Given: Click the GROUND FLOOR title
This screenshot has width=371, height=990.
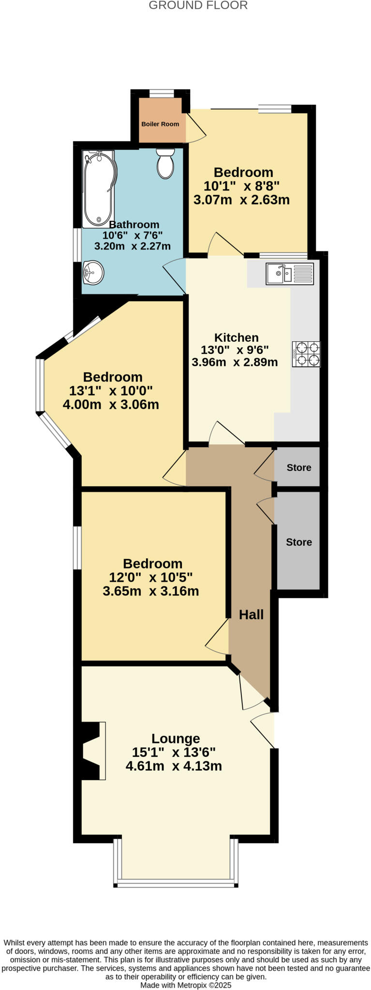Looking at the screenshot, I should pyautogui.click(x=198, y=6).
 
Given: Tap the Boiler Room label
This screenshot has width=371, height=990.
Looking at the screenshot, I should pyautogui.click(x=160, y=124).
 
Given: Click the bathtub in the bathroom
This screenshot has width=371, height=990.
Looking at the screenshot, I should pyautogui.click(x=100, y=189).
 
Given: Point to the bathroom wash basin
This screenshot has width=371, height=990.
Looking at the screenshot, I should pyautogui.click(x=93, y=273).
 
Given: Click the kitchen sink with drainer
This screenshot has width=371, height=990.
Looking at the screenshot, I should pyautogui.click(x=289, y=274).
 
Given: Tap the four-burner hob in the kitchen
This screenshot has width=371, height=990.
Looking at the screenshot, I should pyautogui.click(x=306, y=354).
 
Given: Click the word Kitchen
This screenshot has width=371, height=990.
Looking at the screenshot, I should pyautogui.click(x=237, y=337).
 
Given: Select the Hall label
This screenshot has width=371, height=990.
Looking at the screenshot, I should pyautogui.click(x=251, y=614).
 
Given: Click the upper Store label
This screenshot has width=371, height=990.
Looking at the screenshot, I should pyautogui.click(x=298, y=467).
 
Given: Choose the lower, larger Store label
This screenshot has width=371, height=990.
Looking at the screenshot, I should pyautogui.click(x=298, y=542).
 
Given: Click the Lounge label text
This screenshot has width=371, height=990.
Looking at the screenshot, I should pyautogui.click(x=176, y=738).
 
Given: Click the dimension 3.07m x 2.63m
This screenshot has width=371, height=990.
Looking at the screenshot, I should pyautogui.click(x=241, y=200).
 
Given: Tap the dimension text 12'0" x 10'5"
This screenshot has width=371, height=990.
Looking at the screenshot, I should pyautogui.click(x=151, y=577).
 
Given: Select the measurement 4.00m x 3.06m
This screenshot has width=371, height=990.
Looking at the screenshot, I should pyautogui.click(x=111, y=404).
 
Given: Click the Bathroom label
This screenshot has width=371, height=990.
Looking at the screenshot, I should pyautogui.click(x=134, y=225).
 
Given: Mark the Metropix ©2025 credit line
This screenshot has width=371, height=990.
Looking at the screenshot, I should pyautogui.click(x=186, y=985).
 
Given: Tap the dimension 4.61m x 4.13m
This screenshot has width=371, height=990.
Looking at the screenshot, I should pyautogui.click(x=174, y=766).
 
